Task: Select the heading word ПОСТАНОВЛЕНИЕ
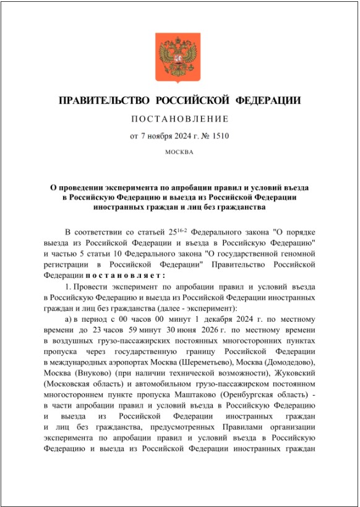tap(179, 119)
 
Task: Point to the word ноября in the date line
tap(163, 136)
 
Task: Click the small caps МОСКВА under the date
tap(179, 152)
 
